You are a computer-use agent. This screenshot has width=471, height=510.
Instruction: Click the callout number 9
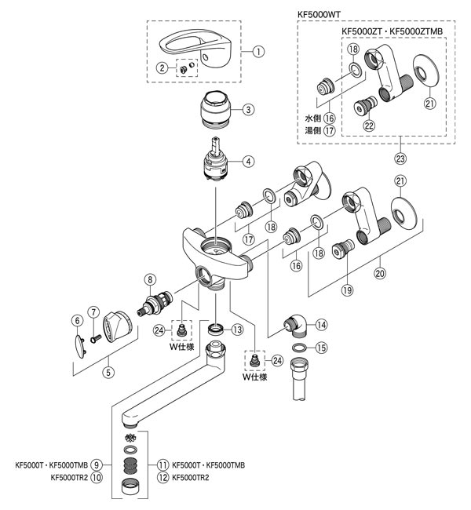97,464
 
